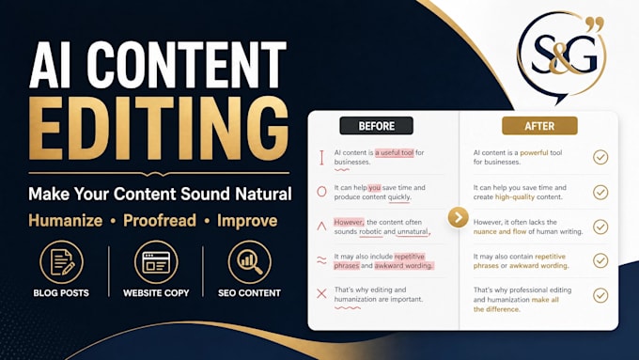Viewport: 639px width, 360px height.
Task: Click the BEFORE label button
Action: point(376,126)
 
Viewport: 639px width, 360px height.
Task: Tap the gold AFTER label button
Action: point(539,126)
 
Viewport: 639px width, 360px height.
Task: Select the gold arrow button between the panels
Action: point(458,217)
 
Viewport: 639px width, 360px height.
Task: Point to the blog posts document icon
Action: point(61,261)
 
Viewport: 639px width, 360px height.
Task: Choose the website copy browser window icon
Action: point(156,261)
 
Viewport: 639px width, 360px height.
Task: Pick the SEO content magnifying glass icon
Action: point(249,261)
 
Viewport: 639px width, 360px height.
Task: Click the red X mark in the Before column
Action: point(321,293)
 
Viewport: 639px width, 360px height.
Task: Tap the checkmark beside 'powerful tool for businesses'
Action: point(600,157)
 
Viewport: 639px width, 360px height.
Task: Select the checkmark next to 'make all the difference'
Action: point(600,295)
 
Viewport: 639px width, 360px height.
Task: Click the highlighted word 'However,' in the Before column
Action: point(349,222)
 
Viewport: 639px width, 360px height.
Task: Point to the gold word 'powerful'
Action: point(534,153)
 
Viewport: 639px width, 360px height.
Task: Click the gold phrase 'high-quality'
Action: point(515,197)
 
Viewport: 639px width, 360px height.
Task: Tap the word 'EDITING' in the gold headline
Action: point(159,129)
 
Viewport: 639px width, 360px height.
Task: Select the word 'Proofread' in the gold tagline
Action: point(160,221)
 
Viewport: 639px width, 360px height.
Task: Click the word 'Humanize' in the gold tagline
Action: point(65,221)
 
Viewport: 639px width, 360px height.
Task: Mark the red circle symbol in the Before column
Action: point(321,192)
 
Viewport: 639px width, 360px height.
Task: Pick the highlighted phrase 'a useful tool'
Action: point(395,153)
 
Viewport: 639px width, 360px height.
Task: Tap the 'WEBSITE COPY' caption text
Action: point(156,292)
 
